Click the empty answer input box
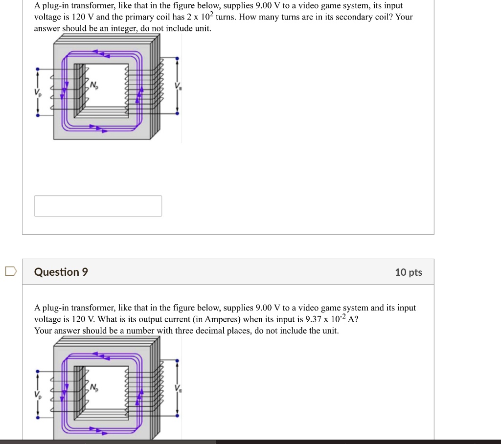(x=98, y=206)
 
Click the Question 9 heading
(x=61, y=272)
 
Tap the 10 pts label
(x=408, y=272)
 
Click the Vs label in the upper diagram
(x=178, y=87)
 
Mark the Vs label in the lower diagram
(x=178, y=389)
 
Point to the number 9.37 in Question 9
(x=313, y=319)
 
